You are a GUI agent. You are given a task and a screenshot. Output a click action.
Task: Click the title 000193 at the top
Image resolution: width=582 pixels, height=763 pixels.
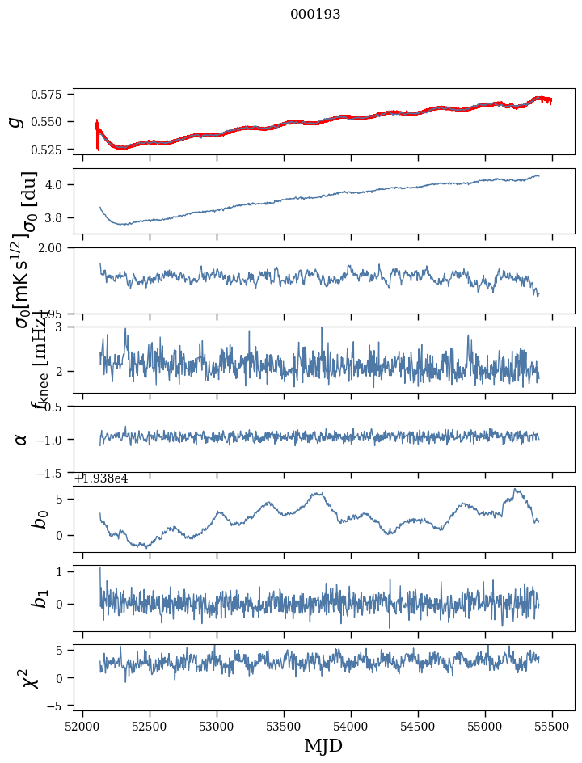pos(315,15)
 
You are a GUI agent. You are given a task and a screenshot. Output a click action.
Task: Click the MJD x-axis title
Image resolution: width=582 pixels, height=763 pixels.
pos(323,746)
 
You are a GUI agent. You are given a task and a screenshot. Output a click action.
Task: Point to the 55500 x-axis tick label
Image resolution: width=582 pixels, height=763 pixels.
pos(553,727)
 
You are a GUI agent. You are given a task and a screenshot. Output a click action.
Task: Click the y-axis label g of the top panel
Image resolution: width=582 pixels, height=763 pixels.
pos(15,121)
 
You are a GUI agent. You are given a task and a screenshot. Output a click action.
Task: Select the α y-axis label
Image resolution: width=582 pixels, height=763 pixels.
pos(21,439)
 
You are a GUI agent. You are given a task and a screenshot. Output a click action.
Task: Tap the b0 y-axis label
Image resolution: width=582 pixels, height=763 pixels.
pos(39,519)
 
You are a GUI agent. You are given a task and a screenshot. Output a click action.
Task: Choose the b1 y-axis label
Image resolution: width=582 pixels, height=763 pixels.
pos(39,598)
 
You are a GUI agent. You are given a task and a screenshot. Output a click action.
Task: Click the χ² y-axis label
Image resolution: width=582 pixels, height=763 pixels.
pos(31,677)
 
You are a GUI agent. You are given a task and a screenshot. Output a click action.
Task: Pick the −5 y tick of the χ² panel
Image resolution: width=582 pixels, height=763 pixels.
pos(59,706)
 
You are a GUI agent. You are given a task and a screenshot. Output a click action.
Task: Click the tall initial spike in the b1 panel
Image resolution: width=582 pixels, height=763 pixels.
pos(100,571)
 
